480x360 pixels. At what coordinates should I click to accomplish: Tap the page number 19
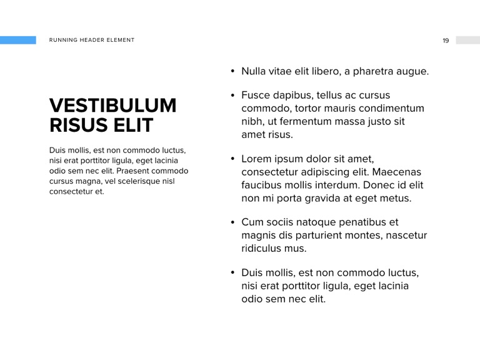pyautogui.click(x=446, y=41)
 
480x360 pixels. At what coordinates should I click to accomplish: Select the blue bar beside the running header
pyautogui.click(x=18, y=40)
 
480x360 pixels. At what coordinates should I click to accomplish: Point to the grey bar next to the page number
pyautogui.click(x=467, y=40)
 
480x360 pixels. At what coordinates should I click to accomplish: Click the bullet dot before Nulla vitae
pyautogui.click(x=232, y=71)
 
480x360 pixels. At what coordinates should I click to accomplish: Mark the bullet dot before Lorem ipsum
pyautogui.click(x=232, y=159)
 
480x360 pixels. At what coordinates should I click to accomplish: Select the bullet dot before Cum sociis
pyautogui.click(x=232, y=222)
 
